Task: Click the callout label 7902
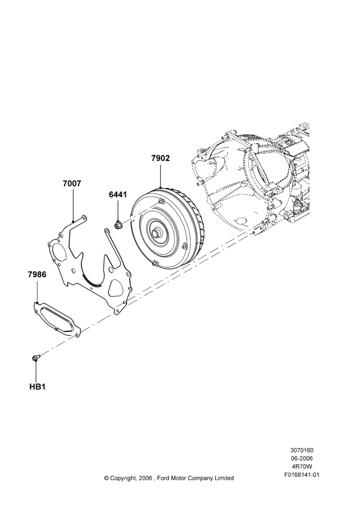tap(161, 158)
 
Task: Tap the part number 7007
tap(72, 184)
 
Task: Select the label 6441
tap(118, 195)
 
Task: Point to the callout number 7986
tap(37, 274)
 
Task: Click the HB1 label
tap(37, 387)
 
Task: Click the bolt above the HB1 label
tap(36, 358)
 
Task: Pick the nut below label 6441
tap(118, 224)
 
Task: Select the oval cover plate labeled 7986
tap(57, 320)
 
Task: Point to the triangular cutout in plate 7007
tap(117, 288)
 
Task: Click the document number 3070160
tap(302, 450)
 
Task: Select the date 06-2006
tap(302, 458)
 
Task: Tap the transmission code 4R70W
tap(302, 467)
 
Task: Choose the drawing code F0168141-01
tap(302, 475)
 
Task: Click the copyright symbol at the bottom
tap(106, 478)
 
